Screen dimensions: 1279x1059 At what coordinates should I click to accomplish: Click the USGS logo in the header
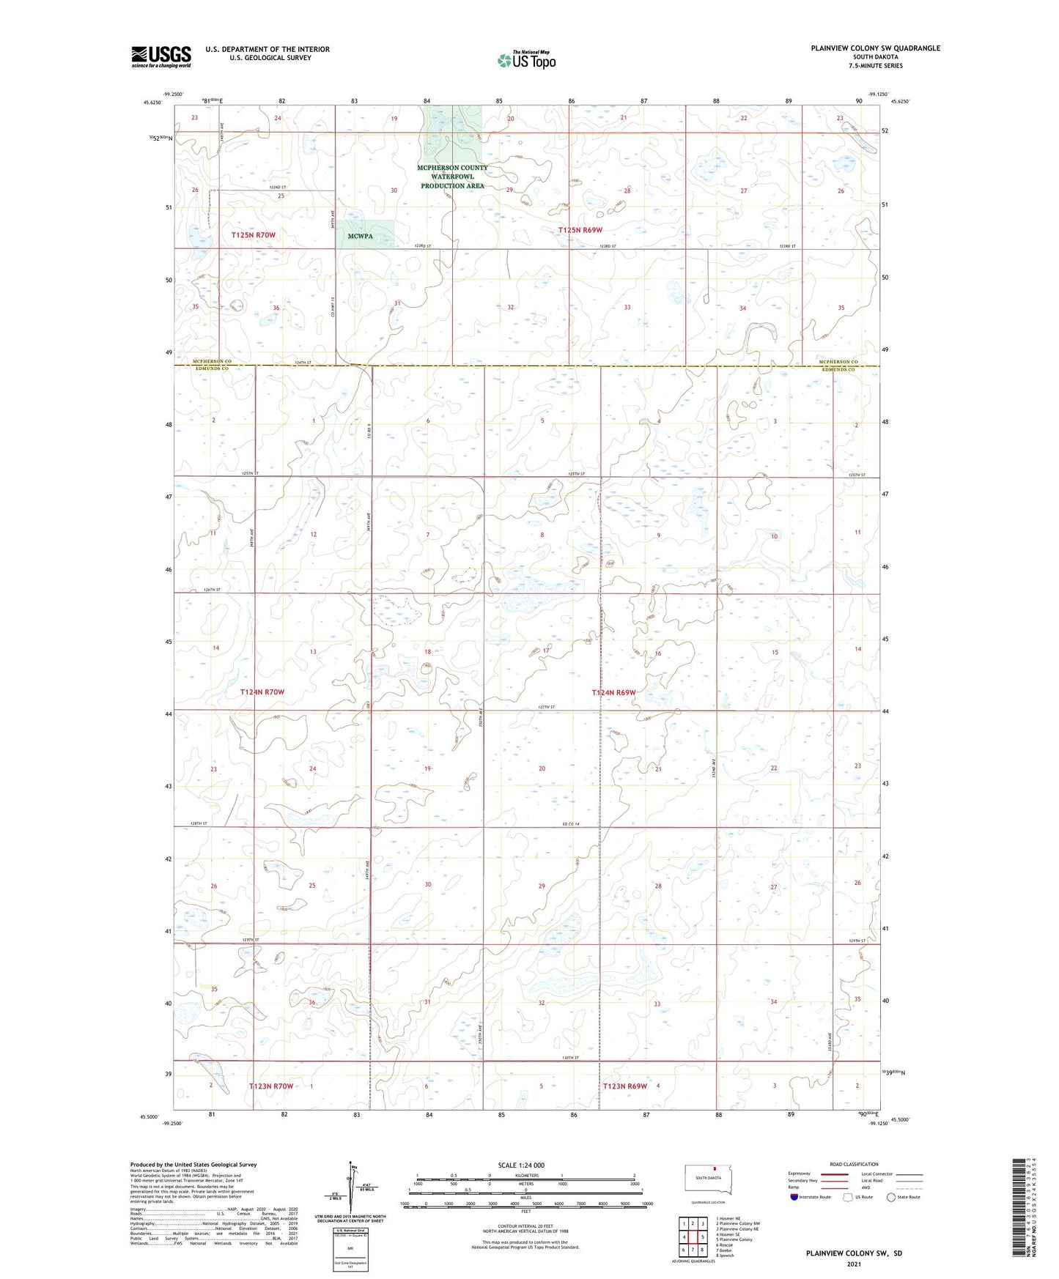click(160, 56)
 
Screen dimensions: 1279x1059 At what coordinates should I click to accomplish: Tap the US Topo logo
click(526, 60)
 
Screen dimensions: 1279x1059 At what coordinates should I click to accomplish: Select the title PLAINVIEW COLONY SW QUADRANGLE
click(875, 48)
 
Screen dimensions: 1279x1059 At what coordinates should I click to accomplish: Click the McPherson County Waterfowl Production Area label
click(452, 177)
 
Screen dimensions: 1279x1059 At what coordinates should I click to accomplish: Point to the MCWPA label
click(361, 237)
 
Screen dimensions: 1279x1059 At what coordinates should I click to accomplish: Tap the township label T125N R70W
click(254, 235)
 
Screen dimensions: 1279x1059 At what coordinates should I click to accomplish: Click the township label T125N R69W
click(580, 230)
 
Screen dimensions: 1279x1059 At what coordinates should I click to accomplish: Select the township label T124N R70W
click(262, 692)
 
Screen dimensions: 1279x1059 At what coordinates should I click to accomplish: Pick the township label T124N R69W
click(613, 692)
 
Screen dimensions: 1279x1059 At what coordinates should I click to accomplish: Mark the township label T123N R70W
click(271, 1086)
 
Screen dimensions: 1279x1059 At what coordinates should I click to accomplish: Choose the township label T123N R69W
click(625, 1086)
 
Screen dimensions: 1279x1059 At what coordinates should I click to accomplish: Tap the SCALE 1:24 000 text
click(521, 1165)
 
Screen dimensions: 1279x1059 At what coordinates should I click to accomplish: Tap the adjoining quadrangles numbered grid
click(692, 1237)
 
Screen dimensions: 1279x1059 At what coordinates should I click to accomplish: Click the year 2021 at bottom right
click(853, 1264)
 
